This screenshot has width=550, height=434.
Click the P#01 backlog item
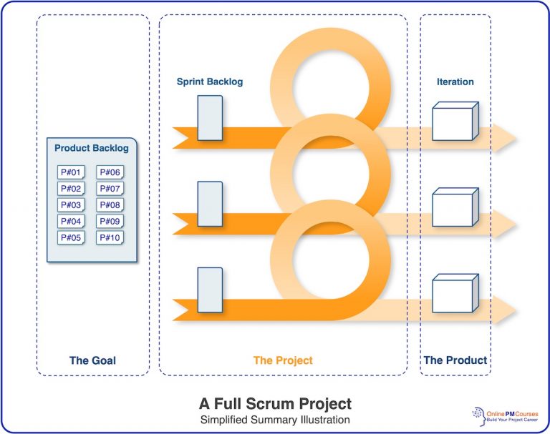[72, 172]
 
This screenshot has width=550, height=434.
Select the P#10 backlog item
[110, 237]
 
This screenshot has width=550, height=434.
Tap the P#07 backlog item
[110, 188]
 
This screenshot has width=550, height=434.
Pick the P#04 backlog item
[72, 221]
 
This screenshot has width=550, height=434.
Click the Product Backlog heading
[92, 149]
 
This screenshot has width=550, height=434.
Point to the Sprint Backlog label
[210, 82]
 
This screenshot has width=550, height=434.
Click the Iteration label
[455, 82]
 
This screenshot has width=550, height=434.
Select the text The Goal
[92, 360]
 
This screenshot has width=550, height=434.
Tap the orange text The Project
[283, 360]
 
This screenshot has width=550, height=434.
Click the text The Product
[455, 360]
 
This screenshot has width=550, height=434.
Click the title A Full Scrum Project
[275, 403]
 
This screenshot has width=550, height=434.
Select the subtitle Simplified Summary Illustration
[275, 420]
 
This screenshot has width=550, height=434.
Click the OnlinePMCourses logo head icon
[478, 414]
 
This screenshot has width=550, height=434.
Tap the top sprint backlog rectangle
[209, 117]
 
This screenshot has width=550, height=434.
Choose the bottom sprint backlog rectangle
[209, 290]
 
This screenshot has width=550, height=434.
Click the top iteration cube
[454, 122]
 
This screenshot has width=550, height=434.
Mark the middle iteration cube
[454, 208]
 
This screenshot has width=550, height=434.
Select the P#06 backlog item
[110, 172]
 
